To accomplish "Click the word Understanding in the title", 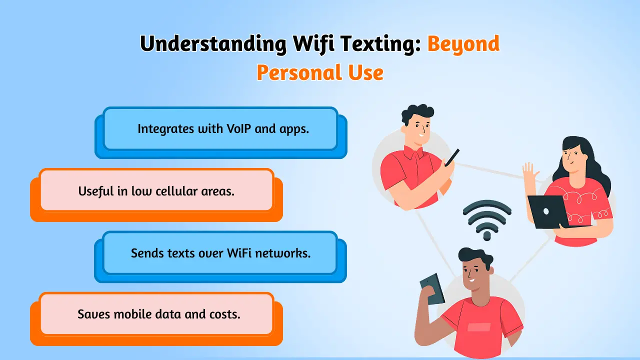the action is (213, 44).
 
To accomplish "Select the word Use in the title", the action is (365, 72).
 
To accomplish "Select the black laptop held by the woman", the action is (550, 212).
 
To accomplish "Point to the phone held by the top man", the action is (452, 157).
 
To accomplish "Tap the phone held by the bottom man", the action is (432, 289).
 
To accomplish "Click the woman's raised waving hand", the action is (530, 171).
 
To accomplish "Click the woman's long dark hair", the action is (588, 163).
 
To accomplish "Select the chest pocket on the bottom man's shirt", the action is (479, 327).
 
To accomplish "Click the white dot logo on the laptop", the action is (546, 211).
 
